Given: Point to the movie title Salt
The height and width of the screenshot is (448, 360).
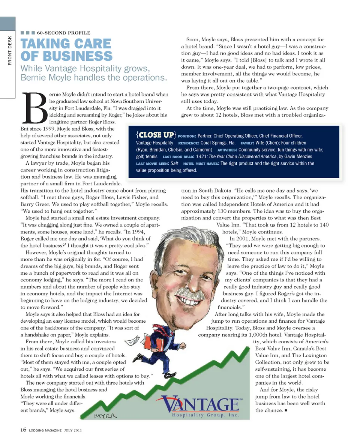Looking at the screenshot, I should click(174, 164).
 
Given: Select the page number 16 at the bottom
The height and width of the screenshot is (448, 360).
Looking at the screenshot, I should click(23, 430).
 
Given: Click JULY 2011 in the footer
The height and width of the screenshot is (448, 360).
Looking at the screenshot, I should click(70, 430).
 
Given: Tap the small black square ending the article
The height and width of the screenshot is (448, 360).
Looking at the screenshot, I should click(286, 410).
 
